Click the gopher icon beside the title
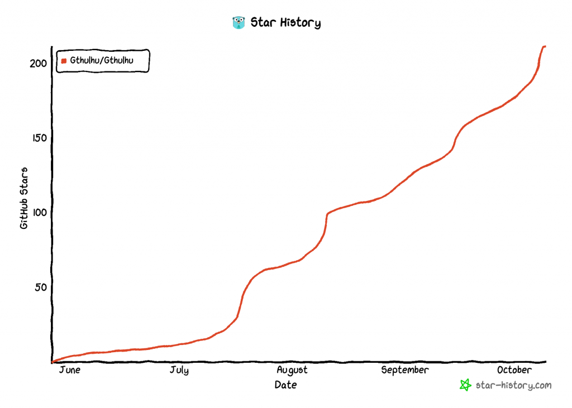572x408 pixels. pyautogui.click(x=239, y=22)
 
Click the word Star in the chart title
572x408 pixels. pyautogui.click(x=261, y=23)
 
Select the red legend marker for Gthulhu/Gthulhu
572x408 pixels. pyautogui.click(x=64, y=61)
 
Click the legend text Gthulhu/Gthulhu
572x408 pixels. pyautogui.click(x=102, y=60)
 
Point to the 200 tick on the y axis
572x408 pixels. pyautogui.click(x=38, y=63)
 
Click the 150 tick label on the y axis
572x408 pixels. pyautogui.click(x=38, y=138)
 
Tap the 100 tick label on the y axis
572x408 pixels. pyautogui.click(x=38, y=213)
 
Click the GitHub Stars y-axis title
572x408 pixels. pyautogui.click(x=24, y=198)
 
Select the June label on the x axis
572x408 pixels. pyautogui.click(x=70, y=370)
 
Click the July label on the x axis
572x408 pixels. pyautogui.click(x=179, y=370)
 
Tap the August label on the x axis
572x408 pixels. pyautogui.click(x=292, y=370)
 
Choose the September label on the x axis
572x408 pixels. pyautogui.click(x=405, y=370)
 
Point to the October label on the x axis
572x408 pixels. pyautogui.click(x=514, y=370)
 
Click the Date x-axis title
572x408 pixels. pyautogui.click(x=285, y=385)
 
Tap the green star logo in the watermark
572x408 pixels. pyautogui.click(x=465, y=385)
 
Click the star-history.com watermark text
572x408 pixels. pyautogui.click(x=513, y=385)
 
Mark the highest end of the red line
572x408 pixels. pyautogui.click(x=545, y=46)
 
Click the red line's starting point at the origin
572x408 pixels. pyautogui.click(x=53, y=362)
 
